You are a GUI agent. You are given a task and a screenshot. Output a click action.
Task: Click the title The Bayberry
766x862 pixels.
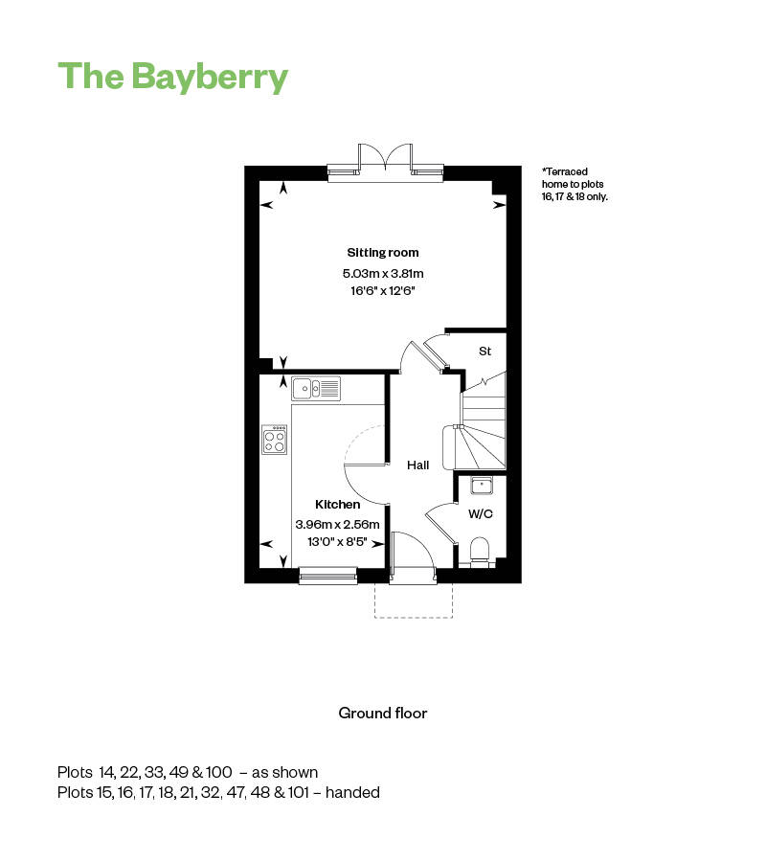pos(172,76)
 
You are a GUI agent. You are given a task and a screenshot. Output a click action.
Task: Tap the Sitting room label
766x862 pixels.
pos(382,253)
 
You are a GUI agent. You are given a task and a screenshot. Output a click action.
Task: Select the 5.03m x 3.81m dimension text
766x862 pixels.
pos(382,274)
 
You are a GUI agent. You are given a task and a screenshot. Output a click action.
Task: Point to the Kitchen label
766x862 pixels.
pos(338,504)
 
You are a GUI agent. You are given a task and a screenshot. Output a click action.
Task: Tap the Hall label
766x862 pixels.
pos(417,465)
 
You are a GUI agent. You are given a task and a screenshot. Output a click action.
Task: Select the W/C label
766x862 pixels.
pos(481,514)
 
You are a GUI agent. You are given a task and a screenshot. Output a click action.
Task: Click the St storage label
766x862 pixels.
pos(484,352)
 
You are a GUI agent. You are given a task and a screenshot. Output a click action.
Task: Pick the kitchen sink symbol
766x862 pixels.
pos(316,388)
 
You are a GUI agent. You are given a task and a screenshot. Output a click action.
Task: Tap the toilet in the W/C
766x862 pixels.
pos(481,550)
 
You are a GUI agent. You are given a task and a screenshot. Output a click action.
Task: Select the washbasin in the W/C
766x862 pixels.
pos(481,487)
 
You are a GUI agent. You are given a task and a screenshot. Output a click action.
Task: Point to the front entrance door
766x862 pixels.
pos(413,575)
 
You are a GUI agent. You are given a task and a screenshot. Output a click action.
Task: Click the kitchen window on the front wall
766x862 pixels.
pos(327,575)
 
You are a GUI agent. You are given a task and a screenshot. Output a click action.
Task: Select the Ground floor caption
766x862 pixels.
pos(382,713)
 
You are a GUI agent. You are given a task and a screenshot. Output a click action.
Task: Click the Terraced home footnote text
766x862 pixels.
pos(574,184)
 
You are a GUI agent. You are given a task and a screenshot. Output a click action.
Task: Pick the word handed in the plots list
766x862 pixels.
pos(353,792)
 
